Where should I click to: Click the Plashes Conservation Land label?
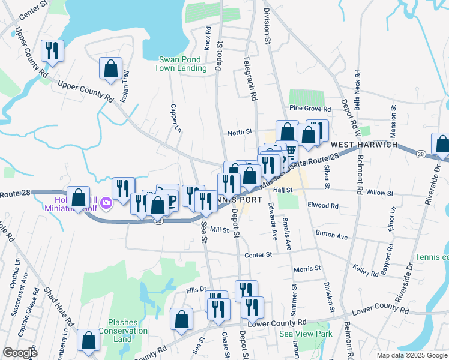tap(123, 331)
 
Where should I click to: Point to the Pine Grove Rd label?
tap(310, 109)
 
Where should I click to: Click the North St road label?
tap(238, 133)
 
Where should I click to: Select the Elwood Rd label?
tap(322, 205)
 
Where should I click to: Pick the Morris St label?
tap(307, 269)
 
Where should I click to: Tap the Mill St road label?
tap(220, 230)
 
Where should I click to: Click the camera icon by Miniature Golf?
tap(106, 204)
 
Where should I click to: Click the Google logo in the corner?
tap(20, 353)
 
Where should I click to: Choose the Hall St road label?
tap(282, 190)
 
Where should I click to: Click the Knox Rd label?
tap(208, 38)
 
